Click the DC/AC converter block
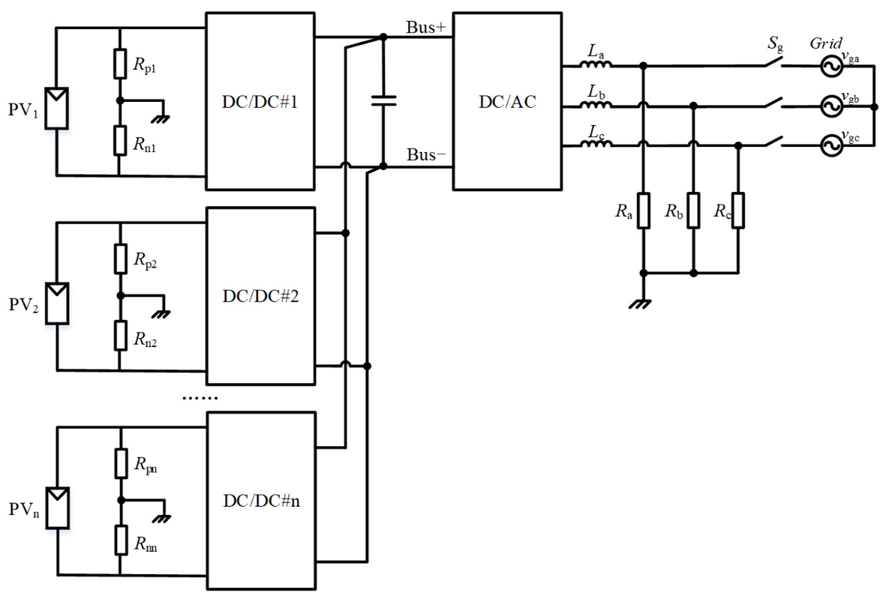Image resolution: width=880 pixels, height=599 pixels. [x=507, y=101]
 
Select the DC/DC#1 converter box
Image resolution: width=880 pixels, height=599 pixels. [x=260, y=101]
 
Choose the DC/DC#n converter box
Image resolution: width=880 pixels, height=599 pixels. [x=260, y=501]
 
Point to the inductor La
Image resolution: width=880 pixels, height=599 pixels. [x=596, y=65]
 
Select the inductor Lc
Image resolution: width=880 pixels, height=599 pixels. [x=596, y=146]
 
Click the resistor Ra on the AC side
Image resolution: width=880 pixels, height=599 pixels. [x=643, y=211]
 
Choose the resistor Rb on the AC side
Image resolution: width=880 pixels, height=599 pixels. [x=694, y=211]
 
